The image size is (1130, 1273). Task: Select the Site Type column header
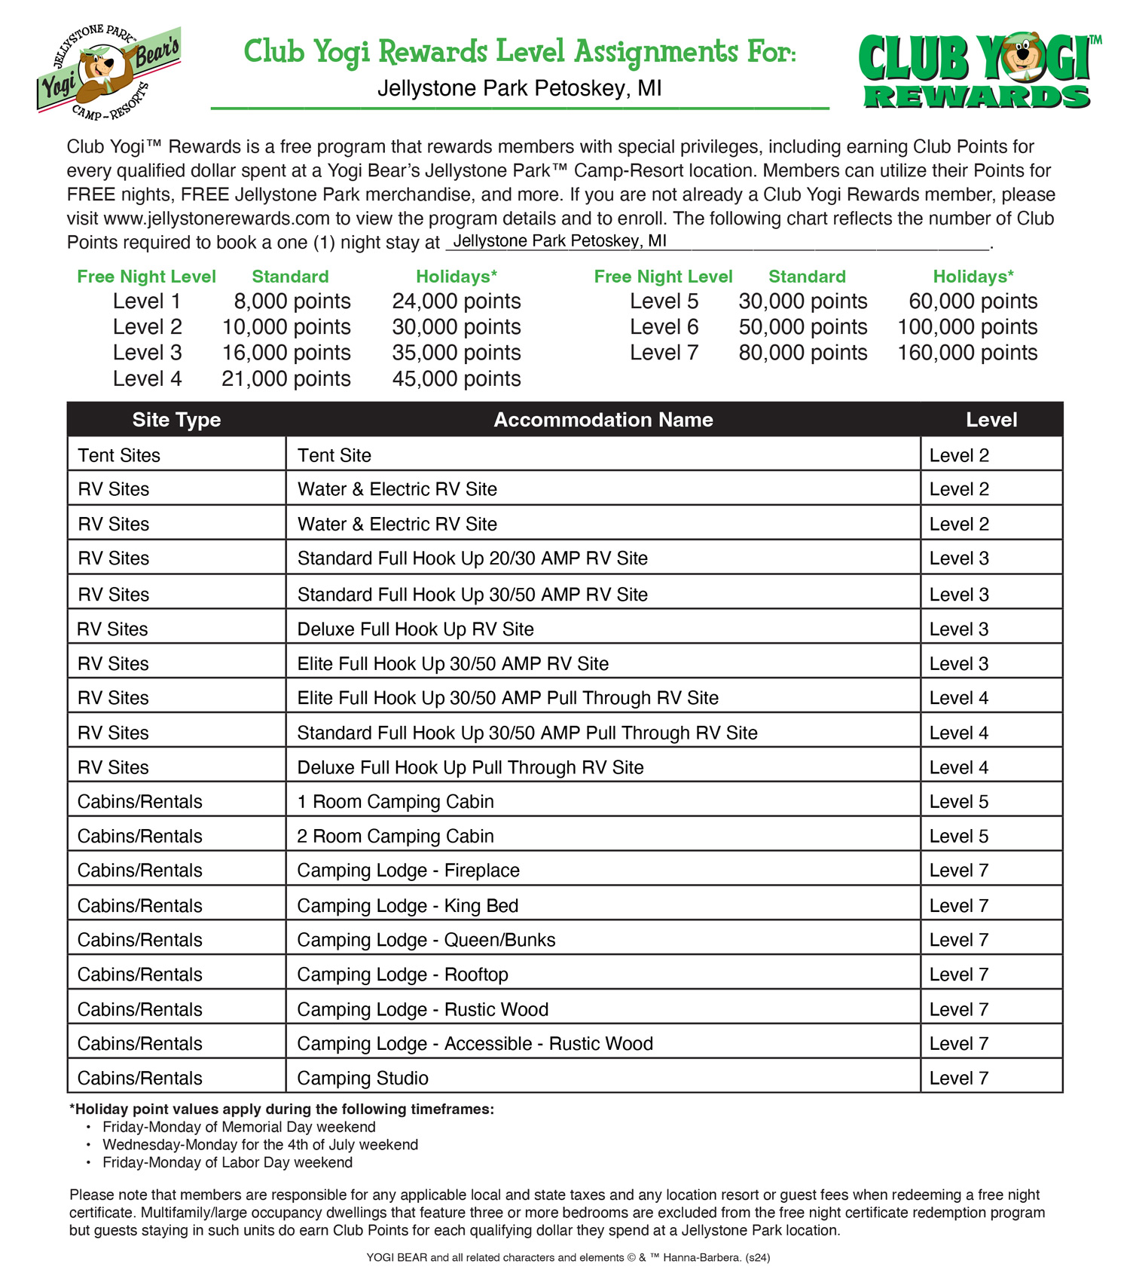[x=176, y=420]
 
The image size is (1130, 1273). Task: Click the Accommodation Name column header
[x=603, y=420]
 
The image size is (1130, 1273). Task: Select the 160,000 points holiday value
[x=967, y=353]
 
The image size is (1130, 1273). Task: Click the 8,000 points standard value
[x=292, y=301]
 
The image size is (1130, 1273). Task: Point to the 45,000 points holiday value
[x=456, y=378]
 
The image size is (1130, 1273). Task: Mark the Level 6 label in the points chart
[x=664, y=327]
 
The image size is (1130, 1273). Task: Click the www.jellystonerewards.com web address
[x=217, y=219]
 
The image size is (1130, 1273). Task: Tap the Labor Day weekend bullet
[x=228, y=1162]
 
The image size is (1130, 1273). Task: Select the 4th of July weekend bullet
[x=260, y=1144]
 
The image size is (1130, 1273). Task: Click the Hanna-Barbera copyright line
[x=568, y=1257]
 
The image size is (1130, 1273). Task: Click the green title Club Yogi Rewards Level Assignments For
[x=519, y=53]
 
